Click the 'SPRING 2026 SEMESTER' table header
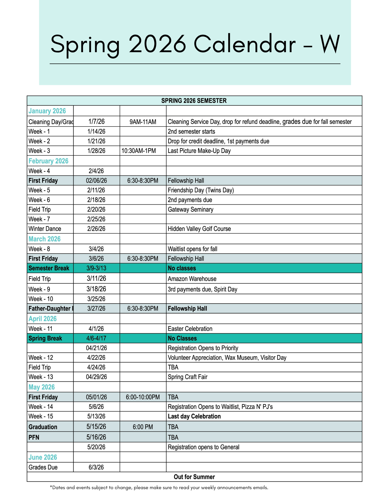click(x=194, y=101)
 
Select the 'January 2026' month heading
click(x=47, y=111)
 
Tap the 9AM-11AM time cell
click(x=143, y=122)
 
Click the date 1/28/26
click(x=96, y=151)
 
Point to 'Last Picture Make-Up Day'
click(x=199, y=151)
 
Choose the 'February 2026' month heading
click(x=48, y=161)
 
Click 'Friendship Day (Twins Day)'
click(x=201, y=190)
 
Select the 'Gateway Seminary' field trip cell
click(x=191, y=209)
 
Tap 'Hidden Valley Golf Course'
click(x=199, y=229)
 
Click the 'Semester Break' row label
click(x=49, y=268)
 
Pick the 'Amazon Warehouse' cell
click(x=192, y=279)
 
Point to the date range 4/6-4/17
click(x=96, y=338)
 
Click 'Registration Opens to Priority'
click(x=203, y=348)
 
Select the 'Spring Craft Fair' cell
click(x=188, y=377)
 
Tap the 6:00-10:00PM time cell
click(x=143, y=397)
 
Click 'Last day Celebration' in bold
click(x=194, y=416)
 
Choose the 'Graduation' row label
click(x=43, y=427)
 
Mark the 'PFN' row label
click(x=34, y=437)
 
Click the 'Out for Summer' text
click(x=194, y=477)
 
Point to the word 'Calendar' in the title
click(x=244, y=44)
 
